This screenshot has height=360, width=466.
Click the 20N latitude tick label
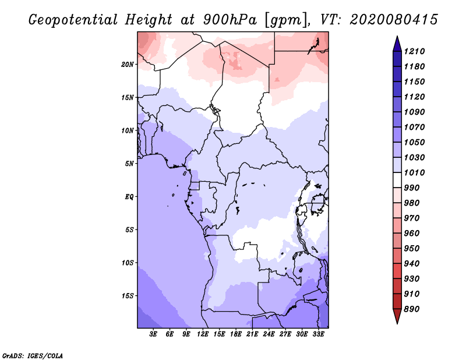(128, 64)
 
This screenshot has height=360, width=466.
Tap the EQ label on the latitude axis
(129, 196)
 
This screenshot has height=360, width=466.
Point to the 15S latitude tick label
(128, 295)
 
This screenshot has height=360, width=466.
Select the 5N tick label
(129, 163)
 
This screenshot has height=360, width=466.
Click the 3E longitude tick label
(154, 334)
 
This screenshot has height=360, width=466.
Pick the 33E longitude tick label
(318, 334)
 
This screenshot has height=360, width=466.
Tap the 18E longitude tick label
(236, 334)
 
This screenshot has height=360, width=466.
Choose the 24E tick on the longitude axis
(269, 334)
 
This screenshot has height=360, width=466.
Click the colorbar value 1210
(416, 51)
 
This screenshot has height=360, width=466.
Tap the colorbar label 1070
(416, 127)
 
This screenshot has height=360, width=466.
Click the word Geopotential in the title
(71, 20)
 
